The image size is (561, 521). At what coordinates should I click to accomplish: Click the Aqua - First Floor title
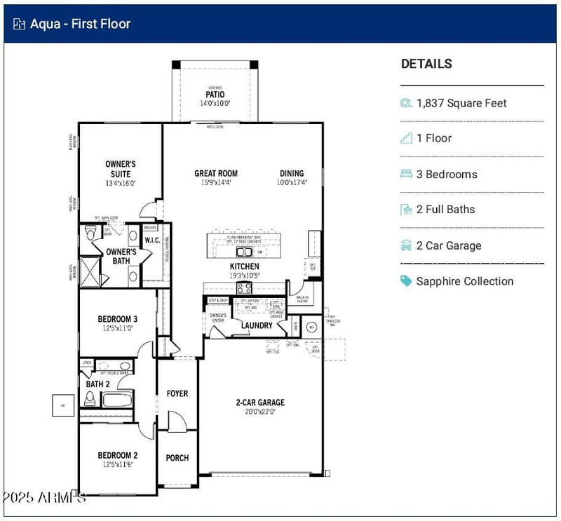[80, 24]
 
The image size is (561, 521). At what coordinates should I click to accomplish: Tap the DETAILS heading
[426, 64]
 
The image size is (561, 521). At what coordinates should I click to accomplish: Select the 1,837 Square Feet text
[461, 103]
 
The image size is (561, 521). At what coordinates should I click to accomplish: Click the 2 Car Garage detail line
[449, 245]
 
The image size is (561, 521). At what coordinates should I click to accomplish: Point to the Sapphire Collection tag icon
[406, 281]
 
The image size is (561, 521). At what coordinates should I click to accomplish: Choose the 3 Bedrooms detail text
[447, 175]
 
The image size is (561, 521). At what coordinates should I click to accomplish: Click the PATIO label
[215, 95]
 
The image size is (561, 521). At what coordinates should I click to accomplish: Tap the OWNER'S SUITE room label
[121, 169]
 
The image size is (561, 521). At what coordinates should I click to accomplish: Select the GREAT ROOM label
[216, 173]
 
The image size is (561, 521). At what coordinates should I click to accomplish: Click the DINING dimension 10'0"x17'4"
[292, 183]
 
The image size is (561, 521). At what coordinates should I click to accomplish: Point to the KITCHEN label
[244, 266]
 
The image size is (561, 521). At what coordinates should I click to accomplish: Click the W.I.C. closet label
[153, 241]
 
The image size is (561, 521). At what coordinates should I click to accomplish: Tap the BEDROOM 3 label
[118, 319]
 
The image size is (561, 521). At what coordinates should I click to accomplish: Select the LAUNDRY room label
[257, 325]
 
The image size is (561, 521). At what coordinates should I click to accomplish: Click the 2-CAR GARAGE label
[260, 402]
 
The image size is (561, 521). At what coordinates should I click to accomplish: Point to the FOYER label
[177, 394]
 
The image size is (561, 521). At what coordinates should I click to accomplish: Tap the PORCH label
[177, 458]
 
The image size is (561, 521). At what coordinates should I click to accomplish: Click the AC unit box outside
[62, 405]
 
